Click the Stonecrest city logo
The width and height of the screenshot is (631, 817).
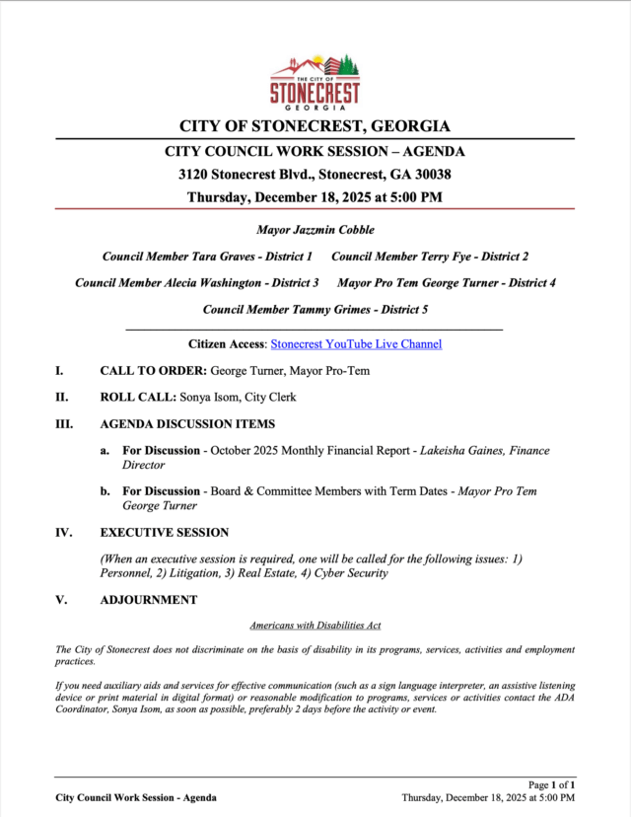[x=315, y=81]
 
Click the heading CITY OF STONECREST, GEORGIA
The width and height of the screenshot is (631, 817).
[x=315, y=126]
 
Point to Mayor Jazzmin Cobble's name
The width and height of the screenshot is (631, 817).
[x=315, y=230]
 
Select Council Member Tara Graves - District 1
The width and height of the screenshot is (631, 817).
[x=207, y=257]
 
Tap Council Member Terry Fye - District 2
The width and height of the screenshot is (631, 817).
[x=430, y=257]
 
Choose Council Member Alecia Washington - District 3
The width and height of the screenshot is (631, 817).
[x=197, y=283]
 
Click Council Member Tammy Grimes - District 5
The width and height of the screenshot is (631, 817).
[x=315, y=310]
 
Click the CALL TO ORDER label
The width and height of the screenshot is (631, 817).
[x=153, y=371]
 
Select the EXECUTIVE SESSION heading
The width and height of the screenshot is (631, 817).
[x=165, y=532]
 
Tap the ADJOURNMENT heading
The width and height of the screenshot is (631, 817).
[x=148, y=600]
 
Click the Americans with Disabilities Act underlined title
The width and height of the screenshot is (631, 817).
[x=315, y=626]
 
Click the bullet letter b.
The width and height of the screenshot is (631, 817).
[x=105, y=490]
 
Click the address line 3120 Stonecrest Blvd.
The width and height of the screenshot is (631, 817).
[x=315, y=174]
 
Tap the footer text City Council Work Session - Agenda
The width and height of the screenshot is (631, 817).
[x=136, y=797]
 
